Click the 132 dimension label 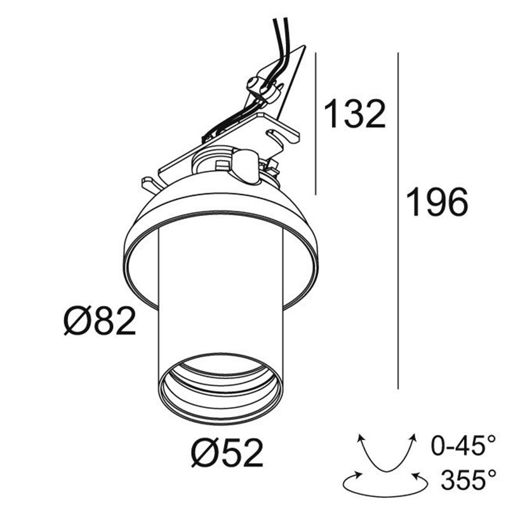pos(354,114)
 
